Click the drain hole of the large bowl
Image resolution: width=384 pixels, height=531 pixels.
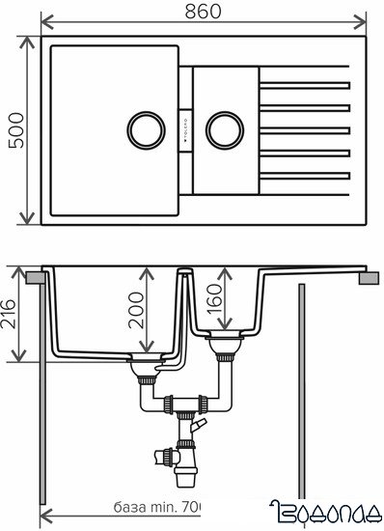(x=146, y=126)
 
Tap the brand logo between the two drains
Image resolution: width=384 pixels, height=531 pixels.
(x=187, y=127)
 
